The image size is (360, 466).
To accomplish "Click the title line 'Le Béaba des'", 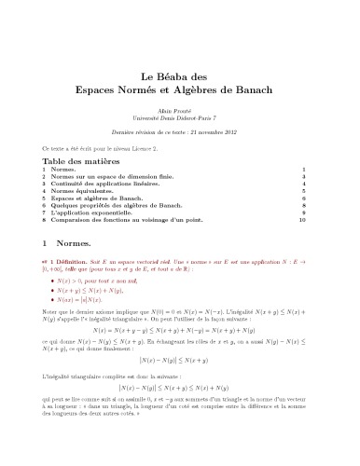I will [179, 77].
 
